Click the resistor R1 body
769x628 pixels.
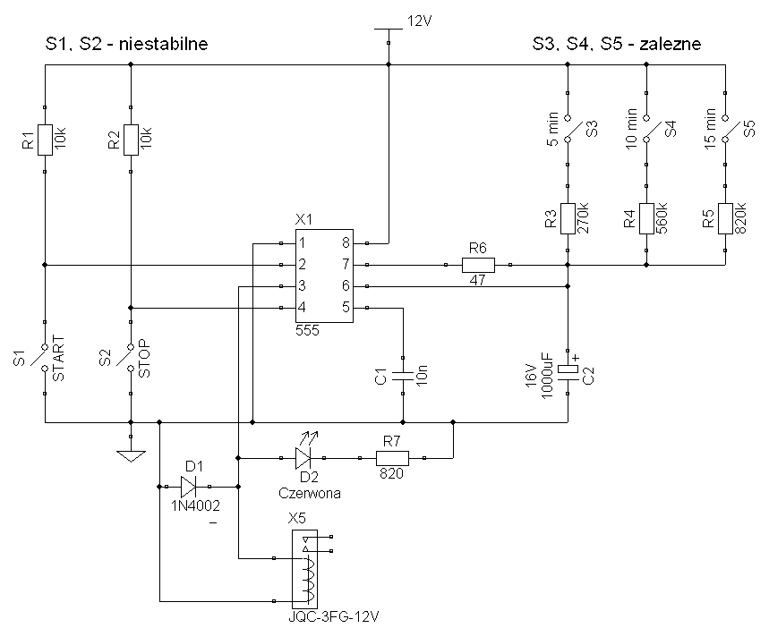[45, 140]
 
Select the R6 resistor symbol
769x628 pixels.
[478, 265]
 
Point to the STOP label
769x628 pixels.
[145, 358]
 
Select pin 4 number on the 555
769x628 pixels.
[302, 308]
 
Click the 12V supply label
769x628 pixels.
[419, 21]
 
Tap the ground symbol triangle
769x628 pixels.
[131, 456]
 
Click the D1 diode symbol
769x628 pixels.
[188, 487]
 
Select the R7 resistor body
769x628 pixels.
[392, 458]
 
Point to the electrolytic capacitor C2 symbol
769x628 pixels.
[568, 370]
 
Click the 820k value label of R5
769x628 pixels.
[740, 217]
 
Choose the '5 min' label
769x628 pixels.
[552, 130]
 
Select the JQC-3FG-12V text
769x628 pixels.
[334, 616]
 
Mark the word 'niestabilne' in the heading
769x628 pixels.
[163, 44]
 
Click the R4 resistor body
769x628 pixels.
[646, 219]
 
